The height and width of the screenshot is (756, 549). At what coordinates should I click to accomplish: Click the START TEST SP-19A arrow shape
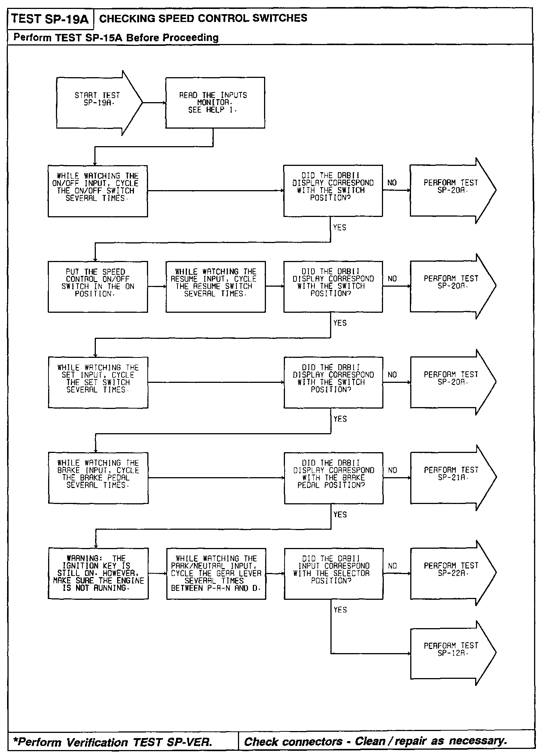pyautogui.click(x=98, y=103)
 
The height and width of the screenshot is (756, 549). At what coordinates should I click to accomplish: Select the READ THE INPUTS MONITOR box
pyautogui.click(x=215, y=103)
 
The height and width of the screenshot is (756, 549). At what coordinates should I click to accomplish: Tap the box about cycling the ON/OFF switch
pyautogui.click(x=98, y=190)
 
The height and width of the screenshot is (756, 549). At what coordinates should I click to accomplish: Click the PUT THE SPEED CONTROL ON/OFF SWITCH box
pyautogui.click(x=98, y=286)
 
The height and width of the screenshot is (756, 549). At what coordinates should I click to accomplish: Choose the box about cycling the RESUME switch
pyautogui.click(x=216, y=286)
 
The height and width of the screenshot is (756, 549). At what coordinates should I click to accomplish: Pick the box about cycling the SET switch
pyautogui.click(x=98, y=382)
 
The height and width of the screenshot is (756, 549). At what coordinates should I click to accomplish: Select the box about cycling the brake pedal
pyautogui.click(x=98, y=478)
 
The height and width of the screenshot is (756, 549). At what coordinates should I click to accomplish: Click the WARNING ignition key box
pyautogui.click(x=98, y=573)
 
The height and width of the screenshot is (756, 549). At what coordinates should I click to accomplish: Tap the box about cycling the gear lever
pyautogui.click(x=216, y=573)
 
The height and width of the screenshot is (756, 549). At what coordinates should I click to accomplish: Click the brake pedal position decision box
pyautogui.click(x=333, y=478)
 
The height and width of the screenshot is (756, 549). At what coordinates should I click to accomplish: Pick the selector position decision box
pyautogui.click(x=333, y=573)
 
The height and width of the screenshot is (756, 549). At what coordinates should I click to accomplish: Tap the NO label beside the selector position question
pyautogui.click(x=392, y=566)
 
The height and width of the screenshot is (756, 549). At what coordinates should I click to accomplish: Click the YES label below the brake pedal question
pyautogui.click(x=340, y=514)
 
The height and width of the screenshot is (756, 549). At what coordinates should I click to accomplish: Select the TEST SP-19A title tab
pyautogui.click(x=50, y=19)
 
